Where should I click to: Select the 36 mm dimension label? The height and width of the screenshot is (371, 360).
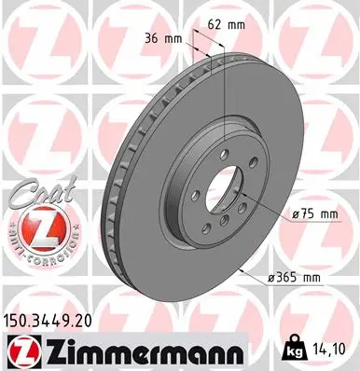(x=161, y=38)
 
